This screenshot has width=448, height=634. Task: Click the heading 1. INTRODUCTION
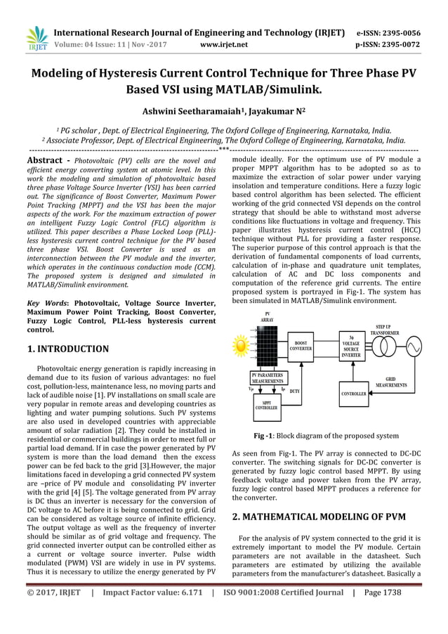(x=67, y=349)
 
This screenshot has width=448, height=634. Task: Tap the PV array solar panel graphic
(x=267, y=347)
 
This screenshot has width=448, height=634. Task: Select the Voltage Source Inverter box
(x=350, y=347)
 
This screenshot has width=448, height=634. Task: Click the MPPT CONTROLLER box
(x=265, y=403)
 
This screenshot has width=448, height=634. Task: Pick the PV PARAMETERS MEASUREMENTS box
(x=267, y=377)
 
